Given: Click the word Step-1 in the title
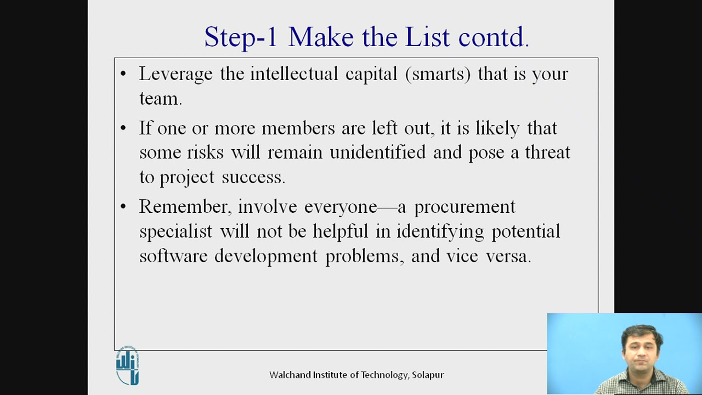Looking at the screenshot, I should pyautogui.click(x=241, y=37).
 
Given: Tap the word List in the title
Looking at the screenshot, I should pyautogui.click(x=428, y=37).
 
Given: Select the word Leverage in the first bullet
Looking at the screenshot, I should pyautogui.click(x=175, y=74).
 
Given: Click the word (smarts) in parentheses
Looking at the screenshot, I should pyautogui.click(x=438, y=74).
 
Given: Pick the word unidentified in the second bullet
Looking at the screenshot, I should pyautogui.click(x=377, y=152).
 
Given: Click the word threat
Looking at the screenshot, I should pyautogui.click(x=547, y=152).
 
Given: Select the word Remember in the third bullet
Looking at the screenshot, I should pyautogui.click(x=184, y=207).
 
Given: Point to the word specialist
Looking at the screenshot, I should pyautogui.click(x=175, y=232).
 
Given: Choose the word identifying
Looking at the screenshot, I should pyautogui.click(x=440, y=232).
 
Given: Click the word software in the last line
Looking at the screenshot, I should pyautogui.click(x=173, y=256).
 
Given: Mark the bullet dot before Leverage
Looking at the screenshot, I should pyautogui.click(x=123, y=74).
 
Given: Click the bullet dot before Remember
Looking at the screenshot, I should pyautogui.click(x=123, y=207).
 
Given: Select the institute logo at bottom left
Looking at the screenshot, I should pyautogui.click(x=128, y=365).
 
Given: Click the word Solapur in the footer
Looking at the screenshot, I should pyautogui.click(x=428, y=375).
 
